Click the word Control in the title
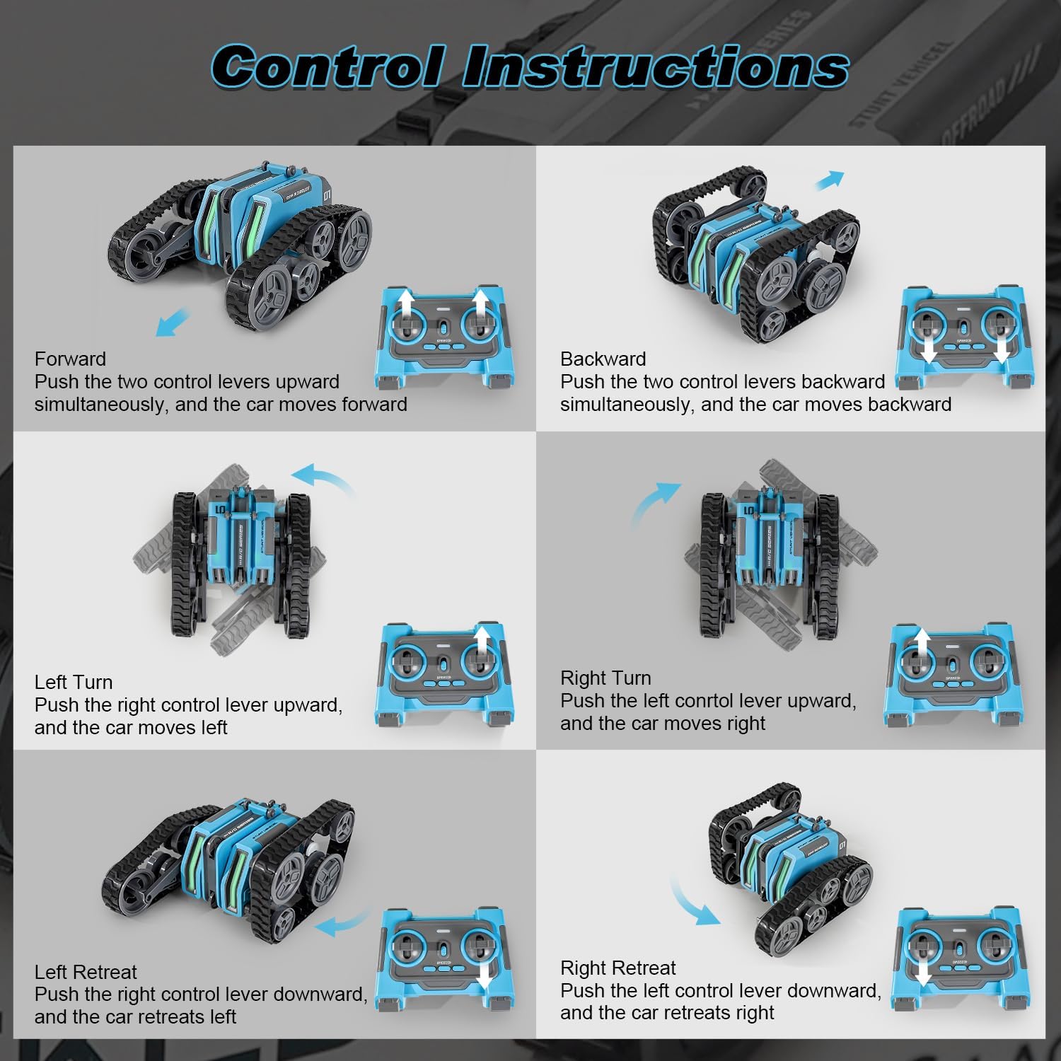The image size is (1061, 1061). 328,66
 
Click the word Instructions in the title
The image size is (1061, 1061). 656,66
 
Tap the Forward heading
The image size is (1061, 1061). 70,359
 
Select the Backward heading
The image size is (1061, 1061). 603,359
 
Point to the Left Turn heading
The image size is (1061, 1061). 74,682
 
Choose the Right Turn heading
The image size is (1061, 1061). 605,678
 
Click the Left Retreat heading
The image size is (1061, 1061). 86,972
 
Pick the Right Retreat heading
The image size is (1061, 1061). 618,968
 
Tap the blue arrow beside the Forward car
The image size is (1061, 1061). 173,323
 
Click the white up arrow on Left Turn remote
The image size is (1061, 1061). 482,647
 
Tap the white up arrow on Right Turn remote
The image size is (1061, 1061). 922,647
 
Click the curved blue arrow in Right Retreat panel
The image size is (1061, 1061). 691,903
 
